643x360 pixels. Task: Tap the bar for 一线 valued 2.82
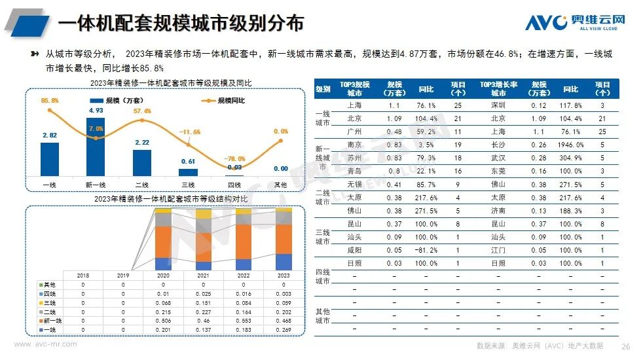click(x=50, y=159)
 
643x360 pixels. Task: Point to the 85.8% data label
click(x=50, y=100)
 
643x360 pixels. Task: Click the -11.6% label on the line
click(x=190, y=132)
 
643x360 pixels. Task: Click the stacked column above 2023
click(x=284, y=239)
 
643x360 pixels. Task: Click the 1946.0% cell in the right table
click(x=570, y=145)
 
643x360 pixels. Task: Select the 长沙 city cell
click(x=498, y=145)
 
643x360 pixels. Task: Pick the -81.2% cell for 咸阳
click(x=426, y=250)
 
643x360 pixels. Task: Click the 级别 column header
click(x=323, y=89)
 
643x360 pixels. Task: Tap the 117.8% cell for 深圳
click(x=570, y=105)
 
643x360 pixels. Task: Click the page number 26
click(x=625, y=346)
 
